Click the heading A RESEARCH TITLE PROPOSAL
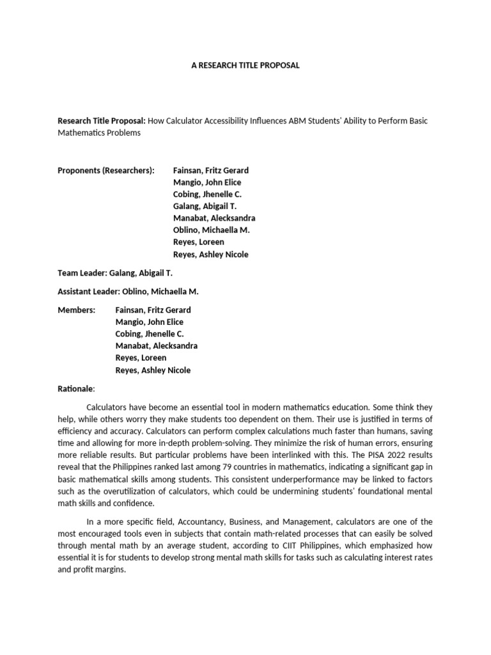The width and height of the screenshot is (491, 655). [x=245, y=66]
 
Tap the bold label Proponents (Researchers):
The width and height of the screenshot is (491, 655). [x=106, y=170]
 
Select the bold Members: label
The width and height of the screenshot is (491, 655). [x=76, y=310]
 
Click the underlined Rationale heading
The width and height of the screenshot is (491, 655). [x=75, y=388]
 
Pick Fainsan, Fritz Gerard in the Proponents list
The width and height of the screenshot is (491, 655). [x=210, y=170]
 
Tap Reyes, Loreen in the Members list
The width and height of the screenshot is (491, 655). [x=140, y=358]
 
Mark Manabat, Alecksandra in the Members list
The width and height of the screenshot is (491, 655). [x=156, y=345]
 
